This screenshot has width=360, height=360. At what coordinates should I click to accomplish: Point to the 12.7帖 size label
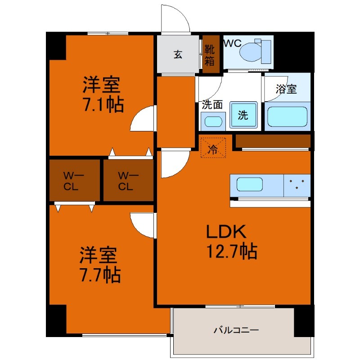click(x=232, y=251)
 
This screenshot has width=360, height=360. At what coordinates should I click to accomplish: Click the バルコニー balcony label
click(x=236, y=330)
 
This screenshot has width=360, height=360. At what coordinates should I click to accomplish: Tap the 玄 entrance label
click(x=178, y=55)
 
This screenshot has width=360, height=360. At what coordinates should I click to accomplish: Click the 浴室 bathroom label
click(x=286, y=89)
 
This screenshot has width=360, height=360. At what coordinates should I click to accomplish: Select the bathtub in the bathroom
click(x=287, y=117)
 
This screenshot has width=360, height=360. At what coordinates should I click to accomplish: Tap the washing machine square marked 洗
click(x=243, y=115)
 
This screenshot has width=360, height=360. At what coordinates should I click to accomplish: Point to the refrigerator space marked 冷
click(x=213, y=147)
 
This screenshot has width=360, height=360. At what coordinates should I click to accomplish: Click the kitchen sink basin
click(x=250, y=185)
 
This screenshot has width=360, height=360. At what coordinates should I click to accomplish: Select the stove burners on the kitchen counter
click(x=297, y=184)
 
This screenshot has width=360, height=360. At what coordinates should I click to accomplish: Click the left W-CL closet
click(x=74, y=180)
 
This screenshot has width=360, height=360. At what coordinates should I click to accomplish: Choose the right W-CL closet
click(x=128, y=180)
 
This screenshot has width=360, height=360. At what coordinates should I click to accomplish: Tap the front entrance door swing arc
click(x=175, y=19)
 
